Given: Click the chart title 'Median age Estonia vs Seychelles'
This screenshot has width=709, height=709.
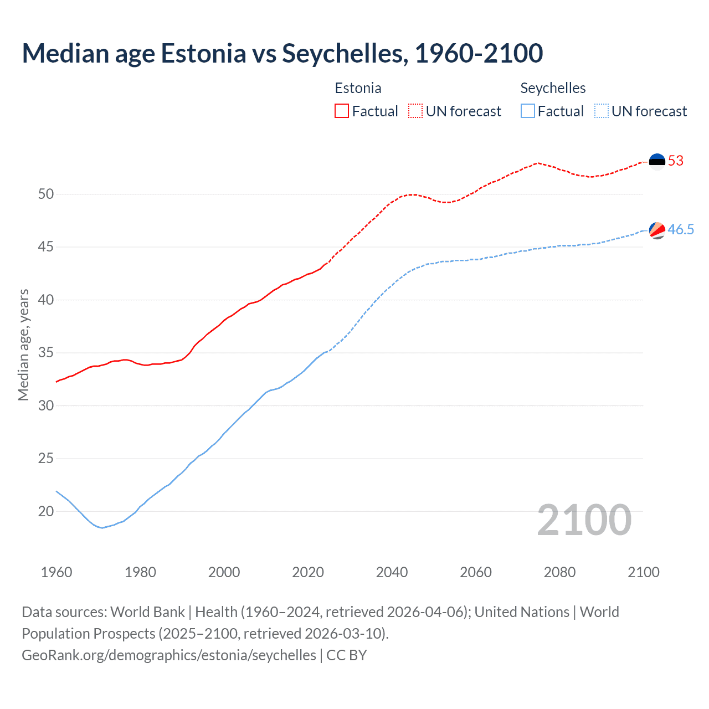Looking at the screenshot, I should point(282,53).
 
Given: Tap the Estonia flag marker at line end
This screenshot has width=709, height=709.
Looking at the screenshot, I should point(657,161).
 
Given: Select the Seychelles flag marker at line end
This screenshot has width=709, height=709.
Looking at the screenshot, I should point(657,230).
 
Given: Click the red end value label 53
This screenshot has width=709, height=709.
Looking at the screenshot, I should point(676,161).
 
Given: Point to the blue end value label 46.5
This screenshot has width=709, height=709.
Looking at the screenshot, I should point(681,230).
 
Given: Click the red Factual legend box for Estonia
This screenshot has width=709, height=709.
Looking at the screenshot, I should point(342,111).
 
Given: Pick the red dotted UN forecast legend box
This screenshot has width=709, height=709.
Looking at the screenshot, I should point(415,111).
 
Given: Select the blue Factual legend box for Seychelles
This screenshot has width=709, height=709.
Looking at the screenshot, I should point(528,111).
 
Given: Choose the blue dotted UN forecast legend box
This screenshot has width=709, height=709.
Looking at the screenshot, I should point(602,111).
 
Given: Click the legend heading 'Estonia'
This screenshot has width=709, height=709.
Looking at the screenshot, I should point(358,88).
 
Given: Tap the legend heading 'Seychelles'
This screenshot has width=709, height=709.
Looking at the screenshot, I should point(553,88).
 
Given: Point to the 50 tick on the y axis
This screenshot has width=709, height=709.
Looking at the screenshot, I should point(46,194).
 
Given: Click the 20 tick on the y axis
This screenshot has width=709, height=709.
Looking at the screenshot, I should point(46,511).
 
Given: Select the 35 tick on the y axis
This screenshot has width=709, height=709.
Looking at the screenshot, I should point(46,353).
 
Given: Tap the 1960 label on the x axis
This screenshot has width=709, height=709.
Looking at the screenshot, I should point(56,572).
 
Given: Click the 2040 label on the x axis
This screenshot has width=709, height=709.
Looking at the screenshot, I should point(392,572).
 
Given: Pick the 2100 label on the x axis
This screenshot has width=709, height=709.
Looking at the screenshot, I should point(643,572).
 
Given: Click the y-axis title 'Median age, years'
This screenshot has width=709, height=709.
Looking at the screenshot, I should point(23,345).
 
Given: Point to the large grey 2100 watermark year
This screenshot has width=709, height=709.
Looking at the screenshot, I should point(584,520).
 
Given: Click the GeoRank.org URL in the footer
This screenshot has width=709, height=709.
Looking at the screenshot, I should point(169,655).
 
